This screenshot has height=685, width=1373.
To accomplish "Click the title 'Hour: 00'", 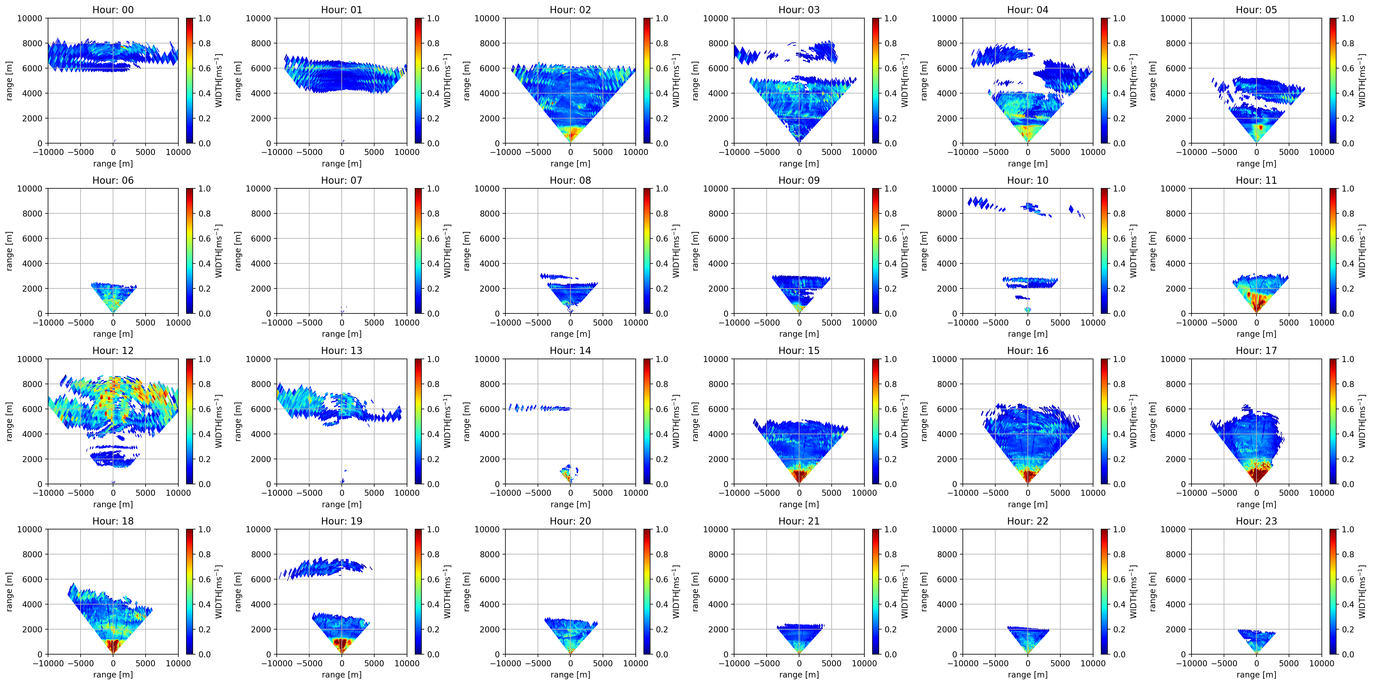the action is coord(113,9).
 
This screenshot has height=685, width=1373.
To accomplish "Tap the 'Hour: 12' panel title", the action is coord(113,351).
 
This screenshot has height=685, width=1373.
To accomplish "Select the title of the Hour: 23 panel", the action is coord(1256,521).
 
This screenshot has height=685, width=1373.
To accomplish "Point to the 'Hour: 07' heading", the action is coord(342,180).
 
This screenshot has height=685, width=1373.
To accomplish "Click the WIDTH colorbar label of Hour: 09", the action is coord(904,250).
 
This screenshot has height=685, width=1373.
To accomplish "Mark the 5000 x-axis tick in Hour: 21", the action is coord(831,663).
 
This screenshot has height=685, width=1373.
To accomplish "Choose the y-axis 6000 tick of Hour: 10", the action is coord(947,239).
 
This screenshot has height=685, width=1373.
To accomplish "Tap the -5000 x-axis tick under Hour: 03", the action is coord(766,152).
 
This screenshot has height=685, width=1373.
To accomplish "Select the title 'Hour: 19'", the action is coord(342,521).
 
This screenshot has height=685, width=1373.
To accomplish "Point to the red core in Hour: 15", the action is coord(799,474).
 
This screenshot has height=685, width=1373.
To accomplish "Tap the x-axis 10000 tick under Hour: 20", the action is coord(635,663).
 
